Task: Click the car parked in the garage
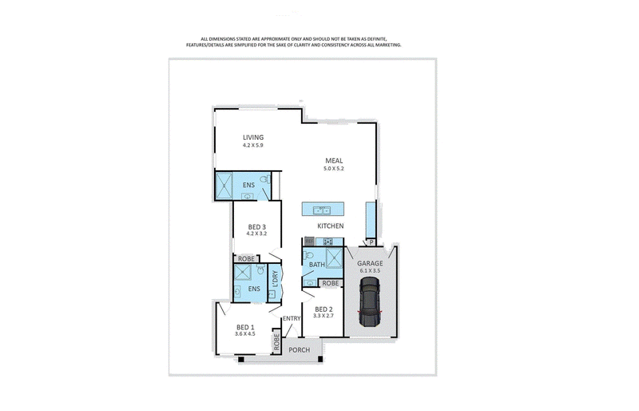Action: tap(370, 301)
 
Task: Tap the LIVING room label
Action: tap(253, 138)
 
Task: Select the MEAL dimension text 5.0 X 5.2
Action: tap(334, 168)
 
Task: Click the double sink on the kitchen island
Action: tap(322, 210)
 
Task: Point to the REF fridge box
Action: tap(309, 241)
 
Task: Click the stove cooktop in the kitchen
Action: tap(328, 241)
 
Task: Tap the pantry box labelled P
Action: tap(371, 242)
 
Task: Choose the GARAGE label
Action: tap(370, 263)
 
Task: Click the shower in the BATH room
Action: tap(335, 257)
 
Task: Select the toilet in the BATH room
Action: tap(308, 256)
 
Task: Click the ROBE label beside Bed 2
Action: tap(330, 283)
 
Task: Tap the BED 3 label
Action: tap(256, 227)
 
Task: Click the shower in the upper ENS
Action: tap(224, 186)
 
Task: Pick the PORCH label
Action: tap(299, 349)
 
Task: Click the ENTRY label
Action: tap(292, 318)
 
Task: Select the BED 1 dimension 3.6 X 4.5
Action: tap(245, 333)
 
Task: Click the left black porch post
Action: tap(241, 360)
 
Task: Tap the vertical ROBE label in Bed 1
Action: tap(276, 342)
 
